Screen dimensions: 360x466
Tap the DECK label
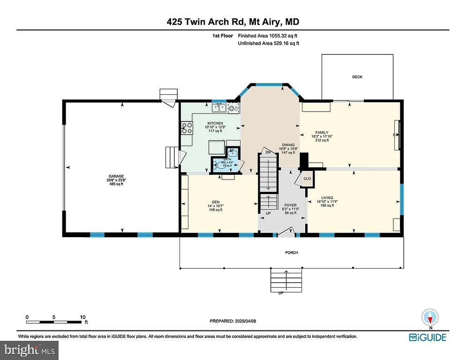(357, 77)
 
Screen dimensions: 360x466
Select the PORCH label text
(291, 253)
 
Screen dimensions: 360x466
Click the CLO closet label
(308, 179)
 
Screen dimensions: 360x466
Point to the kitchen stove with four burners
(187, 127)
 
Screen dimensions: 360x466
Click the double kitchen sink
(218, 108)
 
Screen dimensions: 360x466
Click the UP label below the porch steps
(281, 293)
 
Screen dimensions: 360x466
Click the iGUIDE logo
(427, 337)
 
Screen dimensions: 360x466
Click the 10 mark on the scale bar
(83, 317)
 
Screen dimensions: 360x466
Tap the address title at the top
(233, 22)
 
